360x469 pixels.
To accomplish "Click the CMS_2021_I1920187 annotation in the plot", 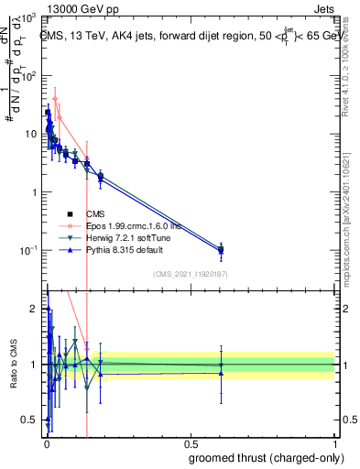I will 191,273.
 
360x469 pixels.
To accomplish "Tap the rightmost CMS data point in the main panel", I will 221,248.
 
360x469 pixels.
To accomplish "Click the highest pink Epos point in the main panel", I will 55,99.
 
